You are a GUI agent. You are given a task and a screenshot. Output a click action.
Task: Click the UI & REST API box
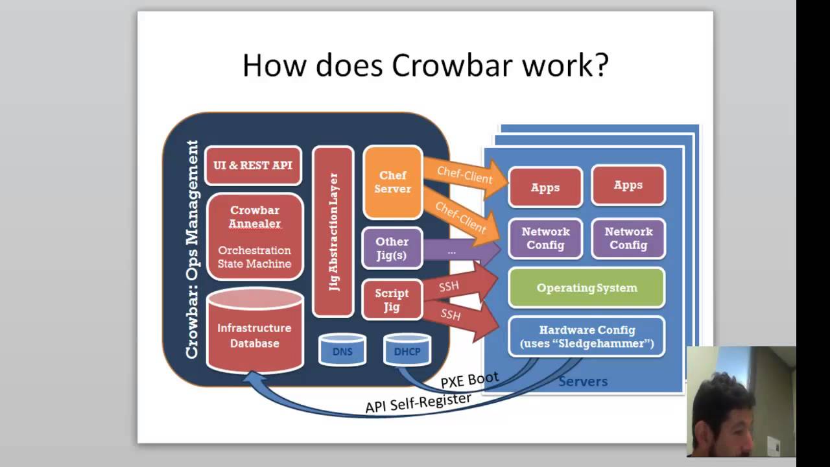coord(253,165)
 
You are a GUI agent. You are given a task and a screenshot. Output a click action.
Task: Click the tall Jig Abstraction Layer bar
coord(333,232)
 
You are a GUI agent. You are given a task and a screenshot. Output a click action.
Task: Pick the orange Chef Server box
coord(392,182)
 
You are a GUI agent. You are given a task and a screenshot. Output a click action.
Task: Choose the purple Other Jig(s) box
coord(392,248)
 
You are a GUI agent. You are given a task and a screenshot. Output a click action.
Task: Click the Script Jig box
coord(392,300)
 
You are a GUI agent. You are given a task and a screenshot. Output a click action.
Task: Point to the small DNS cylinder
coord(342,351)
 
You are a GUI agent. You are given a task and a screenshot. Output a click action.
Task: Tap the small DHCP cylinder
coord(407,351)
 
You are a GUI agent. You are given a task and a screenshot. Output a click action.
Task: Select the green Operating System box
coord(586,287)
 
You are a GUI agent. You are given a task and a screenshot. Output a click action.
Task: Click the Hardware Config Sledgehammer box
coord(586,337)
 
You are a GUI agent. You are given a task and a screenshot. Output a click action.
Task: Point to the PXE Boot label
coord(469,380)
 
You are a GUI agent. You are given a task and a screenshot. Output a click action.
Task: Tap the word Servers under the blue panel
coord(582,381)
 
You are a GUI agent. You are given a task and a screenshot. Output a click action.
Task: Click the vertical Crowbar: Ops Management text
coord(192,249)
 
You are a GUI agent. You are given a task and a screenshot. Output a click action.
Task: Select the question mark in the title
coord(600,66)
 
